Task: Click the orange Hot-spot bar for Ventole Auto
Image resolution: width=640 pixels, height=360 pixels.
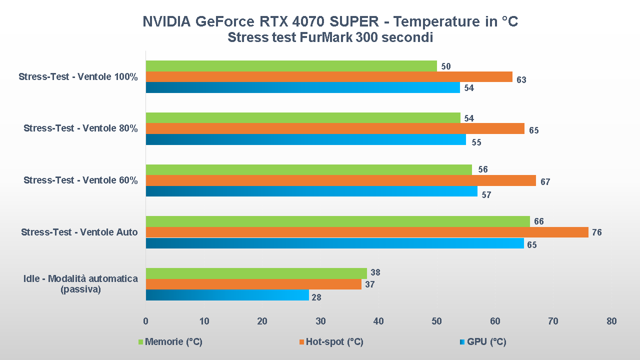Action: click(367, 232)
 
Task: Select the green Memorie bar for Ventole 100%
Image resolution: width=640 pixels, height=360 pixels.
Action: click(291, 66)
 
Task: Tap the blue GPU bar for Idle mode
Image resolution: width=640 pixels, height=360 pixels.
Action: click(227, 295)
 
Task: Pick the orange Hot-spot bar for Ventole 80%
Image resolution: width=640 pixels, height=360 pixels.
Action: click(335, 128)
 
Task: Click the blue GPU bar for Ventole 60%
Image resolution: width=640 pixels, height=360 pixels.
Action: click(311, 191)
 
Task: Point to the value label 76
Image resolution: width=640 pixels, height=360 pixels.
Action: click(596, 232)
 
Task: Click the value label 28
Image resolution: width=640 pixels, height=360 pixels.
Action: click(316, 297)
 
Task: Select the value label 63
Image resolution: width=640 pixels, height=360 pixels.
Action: click(521, 79)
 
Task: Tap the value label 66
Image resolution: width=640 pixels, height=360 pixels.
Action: click(538, 221)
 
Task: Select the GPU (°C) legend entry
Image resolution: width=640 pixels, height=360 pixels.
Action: click(486, 342)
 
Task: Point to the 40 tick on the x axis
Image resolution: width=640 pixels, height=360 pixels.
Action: click(378, 321)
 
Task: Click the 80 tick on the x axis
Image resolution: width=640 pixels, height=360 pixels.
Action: click(611, 321)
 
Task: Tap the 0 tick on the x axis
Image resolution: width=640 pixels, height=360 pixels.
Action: click(145, 321)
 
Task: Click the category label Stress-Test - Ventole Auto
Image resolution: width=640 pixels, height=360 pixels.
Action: click(79, 232)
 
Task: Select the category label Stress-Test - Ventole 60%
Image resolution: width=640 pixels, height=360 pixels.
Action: click(80, 180)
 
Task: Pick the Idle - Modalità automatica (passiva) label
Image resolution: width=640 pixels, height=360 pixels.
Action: click(80, 284)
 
